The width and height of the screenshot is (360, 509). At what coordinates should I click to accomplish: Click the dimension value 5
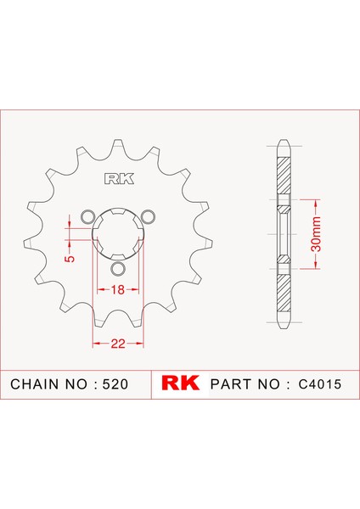pyautogui.click(x=70, y=253)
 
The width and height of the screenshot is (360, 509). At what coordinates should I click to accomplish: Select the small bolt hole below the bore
pyautogui.click(x=118, y=270)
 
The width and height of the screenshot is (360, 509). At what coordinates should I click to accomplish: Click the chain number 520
pyautogui.click(x=115, y=383)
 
